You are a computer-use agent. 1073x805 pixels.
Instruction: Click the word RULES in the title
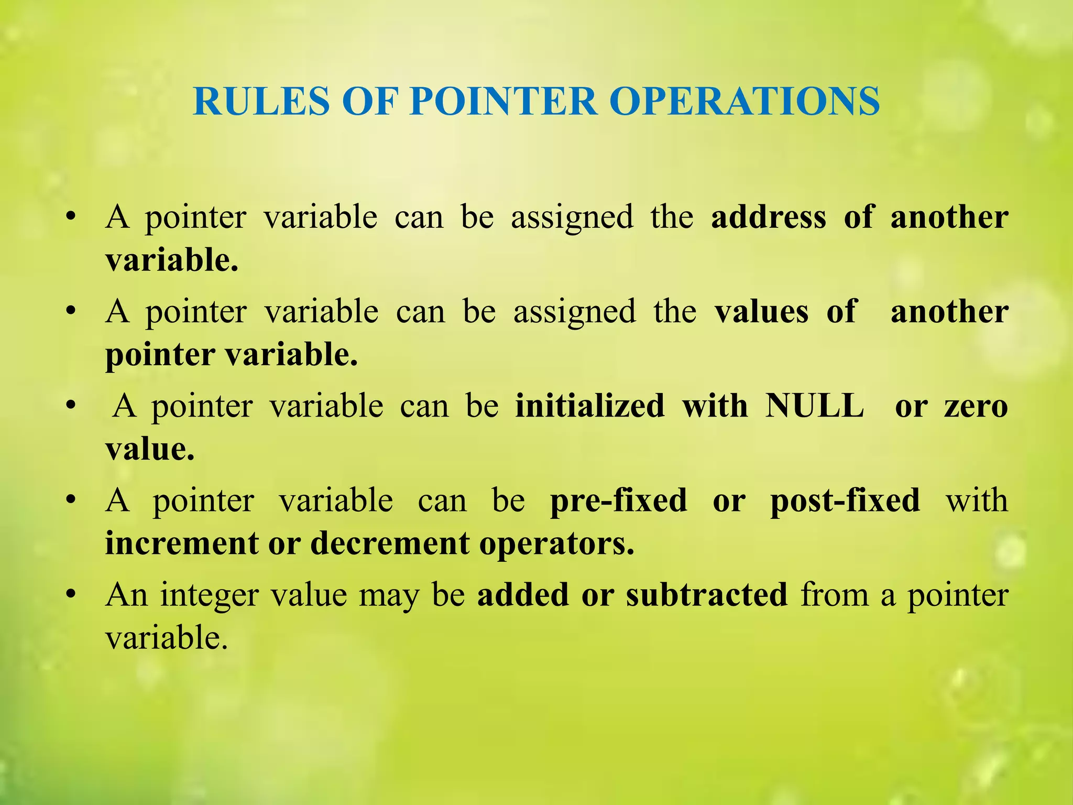tap(261, 101)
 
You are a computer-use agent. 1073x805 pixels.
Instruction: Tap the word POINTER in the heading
tap(503, 101)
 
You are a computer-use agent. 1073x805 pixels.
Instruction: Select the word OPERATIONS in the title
tap(744, 101)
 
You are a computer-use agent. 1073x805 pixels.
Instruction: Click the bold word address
tap(768, 217)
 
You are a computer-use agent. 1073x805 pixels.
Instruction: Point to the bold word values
tap(761, 312)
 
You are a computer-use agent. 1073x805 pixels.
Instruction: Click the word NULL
tap(814, 406)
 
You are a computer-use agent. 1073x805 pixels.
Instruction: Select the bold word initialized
tap(589, 406)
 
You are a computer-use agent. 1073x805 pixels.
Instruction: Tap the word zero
tap(976, 406)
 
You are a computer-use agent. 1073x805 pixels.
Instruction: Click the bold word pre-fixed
tap(618, 501)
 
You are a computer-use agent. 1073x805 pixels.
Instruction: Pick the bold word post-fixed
tap(845, 501)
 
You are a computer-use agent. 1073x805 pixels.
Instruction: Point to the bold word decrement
tap(390, 543)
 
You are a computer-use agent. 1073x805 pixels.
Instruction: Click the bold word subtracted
tap(706, 595)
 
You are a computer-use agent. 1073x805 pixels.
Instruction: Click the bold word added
tap(523, 595)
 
